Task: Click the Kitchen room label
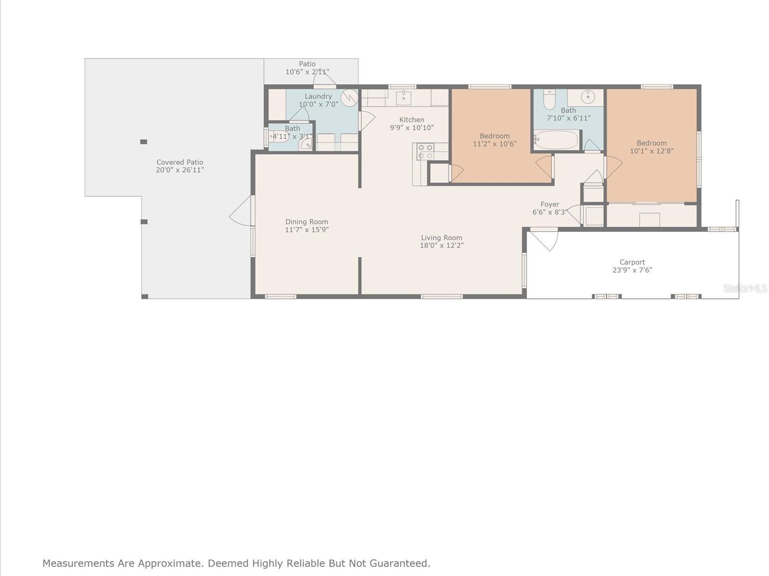click(411, 120)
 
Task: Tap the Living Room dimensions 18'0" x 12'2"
click(441, 245)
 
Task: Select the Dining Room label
click(307, 222)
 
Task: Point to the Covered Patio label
click(180, 162)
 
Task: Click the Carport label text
click(632, 262)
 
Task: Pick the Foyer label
click(550, 204)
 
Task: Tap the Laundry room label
click(318, 96)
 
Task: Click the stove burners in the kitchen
click(425, 152)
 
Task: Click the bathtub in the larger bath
click(556, 140)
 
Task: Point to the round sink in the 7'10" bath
click(588, 96)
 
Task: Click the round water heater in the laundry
click(349, 98)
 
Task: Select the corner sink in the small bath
click(306, 145)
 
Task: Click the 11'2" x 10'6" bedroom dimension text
click(495, 144)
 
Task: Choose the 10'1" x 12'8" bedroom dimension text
click(652, 151)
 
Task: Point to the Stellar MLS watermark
click(745, 288)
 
